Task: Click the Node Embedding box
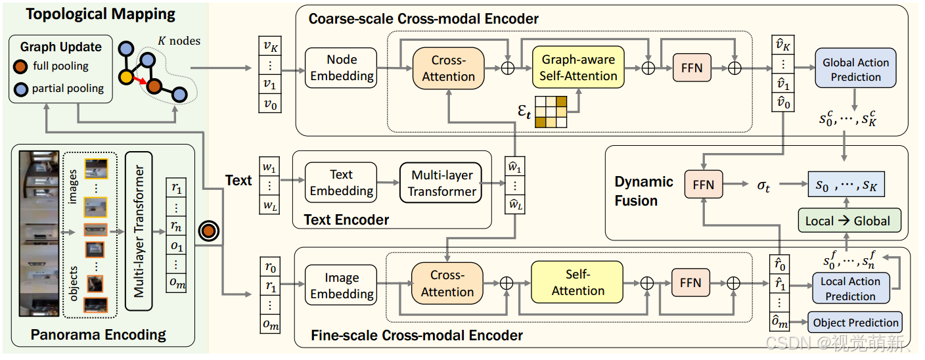point(341,68)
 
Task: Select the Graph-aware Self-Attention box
point(577,68)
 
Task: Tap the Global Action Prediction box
point(855,69)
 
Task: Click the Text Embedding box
point(341,183)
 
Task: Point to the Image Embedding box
point(342,286)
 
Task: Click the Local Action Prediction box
point(850,288)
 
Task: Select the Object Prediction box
point(855,323)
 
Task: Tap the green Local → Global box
point(848,221)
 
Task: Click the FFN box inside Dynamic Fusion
point(703,185)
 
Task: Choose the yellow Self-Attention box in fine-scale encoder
point(577,282)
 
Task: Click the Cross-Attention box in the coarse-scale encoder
point(448,68)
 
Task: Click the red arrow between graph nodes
point(140,82)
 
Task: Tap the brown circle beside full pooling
point(21,66)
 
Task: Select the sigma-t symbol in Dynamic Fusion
point(763,186)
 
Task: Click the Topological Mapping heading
point(92,14)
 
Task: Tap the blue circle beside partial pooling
point(21,89)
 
